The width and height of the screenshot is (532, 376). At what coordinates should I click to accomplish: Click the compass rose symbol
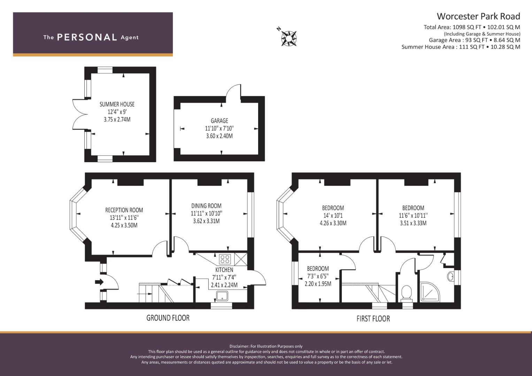(289, 38)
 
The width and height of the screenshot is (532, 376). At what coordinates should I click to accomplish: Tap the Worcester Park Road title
(478, 16)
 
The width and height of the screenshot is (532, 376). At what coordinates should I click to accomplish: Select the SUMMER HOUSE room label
(117, 104)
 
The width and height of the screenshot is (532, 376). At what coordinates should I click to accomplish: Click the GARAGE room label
(219, 121)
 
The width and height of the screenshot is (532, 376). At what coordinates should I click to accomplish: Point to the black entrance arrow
(99, 282)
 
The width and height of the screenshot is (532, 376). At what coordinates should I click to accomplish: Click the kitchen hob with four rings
(225, 259)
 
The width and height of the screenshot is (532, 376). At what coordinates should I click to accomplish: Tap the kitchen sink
(222, 296)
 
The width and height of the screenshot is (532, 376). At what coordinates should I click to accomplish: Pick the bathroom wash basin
(450, 276)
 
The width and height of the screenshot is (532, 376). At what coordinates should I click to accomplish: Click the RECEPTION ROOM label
(124, 210)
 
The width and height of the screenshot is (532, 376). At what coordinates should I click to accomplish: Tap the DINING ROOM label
(206, 206)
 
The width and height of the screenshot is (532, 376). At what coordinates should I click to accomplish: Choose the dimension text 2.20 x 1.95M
(318, 284)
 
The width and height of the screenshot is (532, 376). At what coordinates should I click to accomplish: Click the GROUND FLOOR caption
(168, 318)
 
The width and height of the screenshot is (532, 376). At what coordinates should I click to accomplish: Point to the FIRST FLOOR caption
(373, 319)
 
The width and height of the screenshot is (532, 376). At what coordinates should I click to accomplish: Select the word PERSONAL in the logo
(87, 37)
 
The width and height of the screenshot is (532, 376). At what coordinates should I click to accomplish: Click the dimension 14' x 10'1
(333, 216)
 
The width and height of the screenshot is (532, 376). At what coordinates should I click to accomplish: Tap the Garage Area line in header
(474, 40)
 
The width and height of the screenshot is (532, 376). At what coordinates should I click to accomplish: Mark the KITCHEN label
(224, 270)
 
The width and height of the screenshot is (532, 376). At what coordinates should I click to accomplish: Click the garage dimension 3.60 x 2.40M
(219, 136)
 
